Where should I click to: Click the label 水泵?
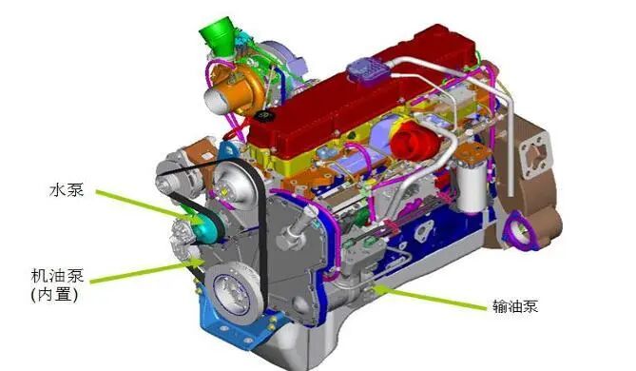(67, 190)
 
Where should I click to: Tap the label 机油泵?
(58, 276)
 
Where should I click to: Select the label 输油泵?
(515, 305)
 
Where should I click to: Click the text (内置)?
(55, 295)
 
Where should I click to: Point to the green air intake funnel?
(219, 37)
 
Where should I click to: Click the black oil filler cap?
(263, 115)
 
